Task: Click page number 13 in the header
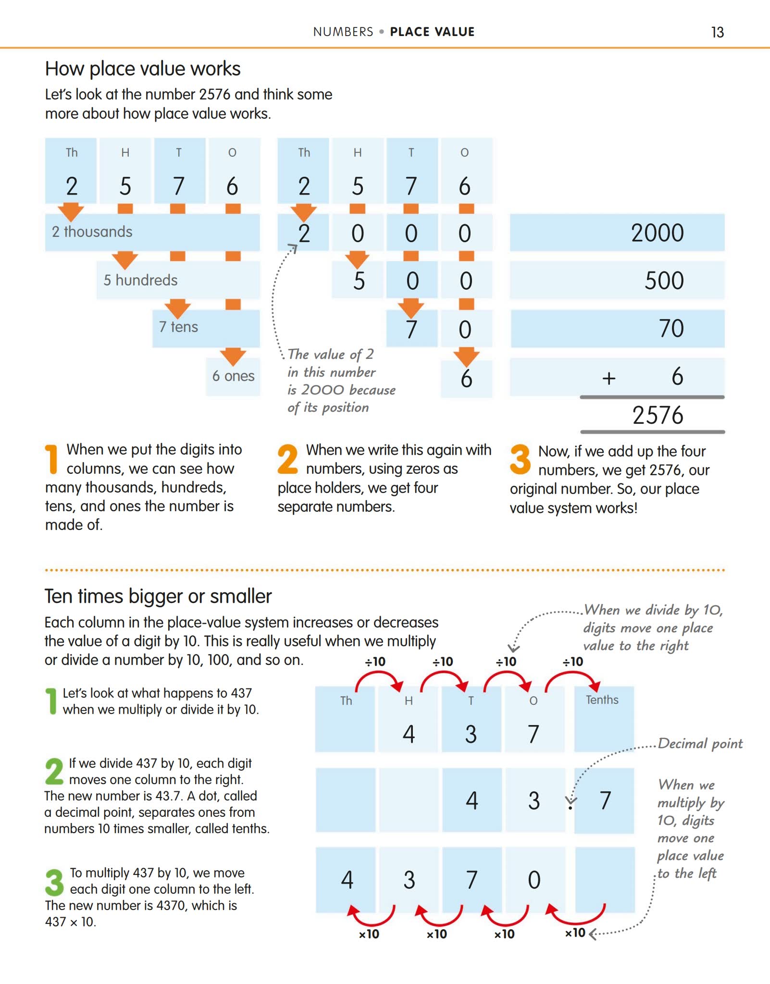[x=717, y=32]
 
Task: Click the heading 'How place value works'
[x=143, y=69]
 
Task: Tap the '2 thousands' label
[x=92, y=232]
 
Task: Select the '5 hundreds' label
[x=140, y=280]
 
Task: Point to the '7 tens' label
[x=178, y=327]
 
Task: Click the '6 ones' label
[x=233, y=376]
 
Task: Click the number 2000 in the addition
[x=657, y=233]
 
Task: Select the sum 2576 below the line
[x=657, y=415]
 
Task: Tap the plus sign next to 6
[x=609, y=378]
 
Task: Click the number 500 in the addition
[x=664, y=281]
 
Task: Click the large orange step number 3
[x=520, y=459]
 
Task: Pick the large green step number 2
[x=54, y=771]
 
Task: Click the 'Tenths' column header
[x=602, y=700]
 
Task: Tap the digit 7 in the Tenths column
[x=605, y=800]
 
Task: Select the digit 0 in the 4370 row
[x=534, y=880]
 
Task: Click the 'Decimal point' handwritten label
[x=700, y=744]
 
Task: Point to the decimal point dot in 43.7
[x=571, y=807]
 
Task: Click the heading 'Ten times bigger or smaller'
[x=158, y=596]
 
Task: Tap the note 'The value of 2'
[x=330, y=355]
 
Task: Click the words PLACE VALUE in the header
[x=432, y=32]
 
